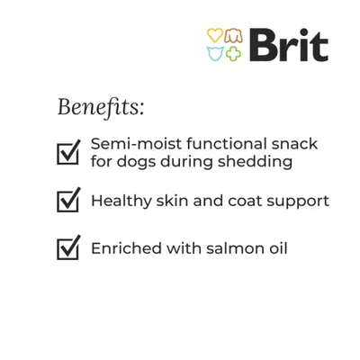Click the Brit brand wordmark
(287, 44)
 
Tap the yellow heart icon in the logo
(215, 35)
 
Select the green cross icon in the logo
(233, 53)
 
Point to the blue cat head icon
(215, 53)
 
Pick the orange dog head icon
(233, 35)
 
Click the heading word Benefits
(100, 107)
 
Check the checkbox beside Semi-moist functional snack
(68, 152)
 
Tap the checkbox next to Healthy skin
(68, 200)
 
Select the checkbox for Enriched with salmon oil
(68, 247)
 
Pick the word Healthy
(121, 201)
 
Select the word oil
(277, 248)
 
